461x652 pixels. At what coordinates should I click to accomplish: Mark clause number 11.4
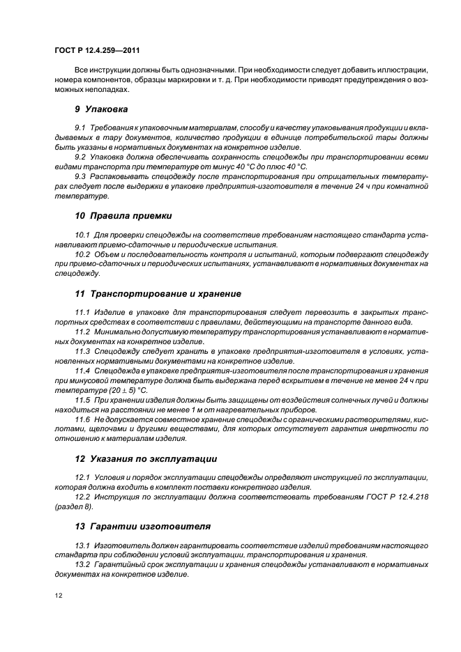82,371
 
